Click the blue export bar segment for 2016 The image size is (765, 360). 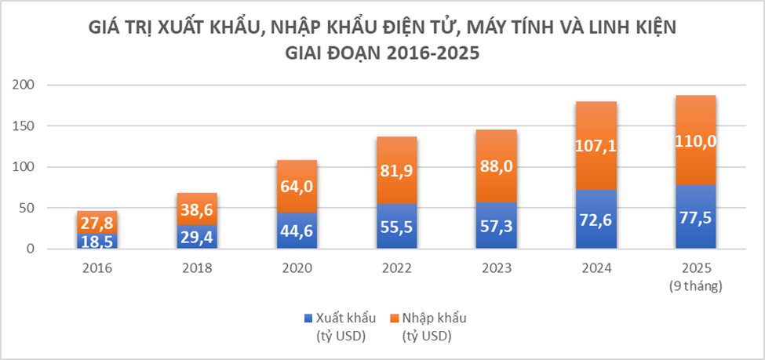point(97,241)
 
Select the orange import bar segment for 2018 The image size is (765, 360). point(197,209)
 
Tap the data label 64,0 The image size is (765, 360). point(297,187)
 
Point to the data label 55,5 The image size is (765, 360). point(396,227)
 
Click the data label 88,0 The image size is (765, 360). point(496,166)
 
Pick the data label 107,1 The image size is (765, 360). point(596,147)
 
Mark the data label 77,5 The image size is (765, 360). point(696,217)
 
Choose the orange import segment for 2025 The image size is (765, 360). point(696,140)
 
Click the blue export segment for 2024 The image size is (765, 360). point(596,219)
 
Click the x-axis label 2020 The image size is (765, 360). point(297,268)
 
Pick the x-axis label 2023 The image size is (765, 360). point(496,268)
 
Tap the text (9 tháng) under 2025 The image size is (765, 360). point(696,287)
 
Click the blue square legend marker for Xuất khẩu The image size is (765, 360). point(308,318)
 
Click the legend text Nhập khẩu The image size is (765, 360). point(434,319)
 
